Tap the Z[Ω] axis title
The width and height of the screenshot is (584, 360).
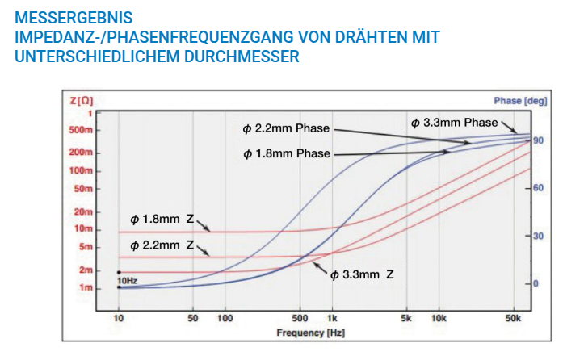pos(82,101)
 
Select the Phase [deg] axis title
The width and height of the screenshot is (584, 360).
pos(519,101)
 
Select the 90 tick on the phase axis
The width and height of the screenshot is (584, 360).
pos(539,140)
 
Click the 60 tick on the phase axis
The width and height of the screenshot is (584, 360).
pos(539,188)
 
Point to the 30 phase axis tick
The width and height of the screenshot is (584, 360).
pos(539,236)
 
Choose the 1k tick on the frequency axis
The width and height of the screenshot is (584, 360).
pos(331,319)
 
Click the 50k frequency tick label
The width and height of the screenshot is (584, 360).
pos(514,319)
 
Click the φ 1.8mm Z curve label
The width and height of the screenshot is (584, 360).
pos(162,219)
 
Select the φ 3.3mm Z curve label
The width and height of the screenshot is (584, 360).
pos(362,275)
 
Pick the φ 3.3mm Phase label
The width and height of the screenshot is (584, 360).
pos(454,123)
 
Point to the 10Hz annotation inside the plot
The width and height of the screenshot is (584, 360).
pos(127,280)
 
